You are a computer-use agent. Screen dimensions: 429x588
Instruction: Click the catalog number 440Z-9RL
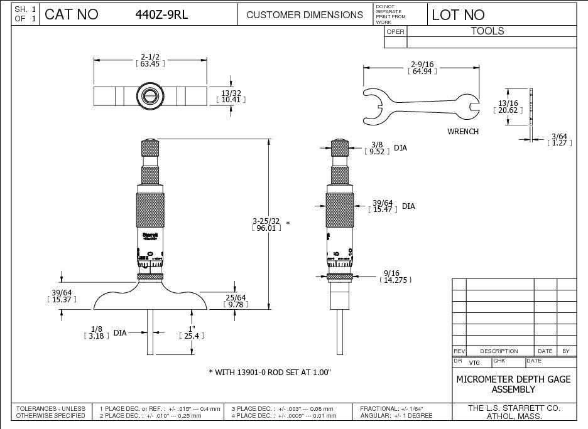(x=162, y=14)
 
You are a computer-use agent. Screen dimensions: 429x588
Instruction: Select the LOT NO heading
(x=458, y=14)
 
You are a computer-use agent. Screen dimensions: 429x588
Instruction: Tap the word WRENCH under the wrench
(x=463, y=132)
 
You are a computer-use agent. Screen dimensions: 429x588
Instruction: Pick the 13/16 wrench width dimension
(x=508, y=107)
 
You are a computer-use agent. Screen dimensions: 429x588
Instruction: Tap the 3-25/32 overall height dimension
(x=266, y=225)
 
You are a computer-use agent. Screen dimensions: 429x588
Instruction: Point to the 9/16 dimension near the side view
(x=394, y=277)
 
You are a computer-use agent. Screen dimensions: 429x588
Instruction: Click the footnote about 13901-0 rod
(x=269, y=373)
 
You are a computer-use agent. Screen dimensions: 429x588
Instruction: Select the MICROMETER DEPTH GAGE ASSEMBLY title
(x=513, y=384)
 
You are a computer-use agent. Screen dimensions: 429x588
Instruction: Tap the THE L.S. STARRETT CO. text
(x=514, y=408)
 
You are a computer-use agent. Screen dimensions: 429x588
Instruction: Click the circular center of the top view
(x=150, y=96)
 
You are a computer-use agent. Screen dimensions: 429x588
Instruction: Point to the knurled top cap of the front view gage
(x=150, y=149)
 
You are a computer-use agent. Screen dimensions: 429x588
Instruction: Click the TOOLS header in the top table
(x=487, y=31)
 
